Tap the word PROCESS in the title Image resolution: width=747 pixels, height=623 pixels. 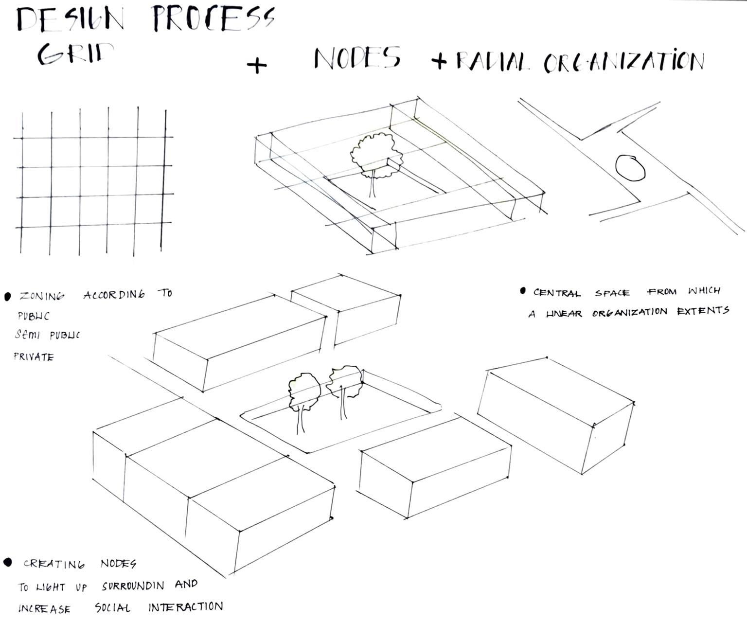pyautogui.click(x=213, y=20)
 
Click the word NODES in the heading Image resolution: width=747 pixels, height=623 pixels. pyautogui.click(x=357, y=58)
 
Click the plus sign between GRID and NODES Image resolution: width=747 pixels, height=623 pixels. pyautogui.click(x=257, y=65)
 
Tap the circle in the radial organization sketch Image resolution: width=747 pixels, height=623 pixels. pyautogui.click(x=630, y=168)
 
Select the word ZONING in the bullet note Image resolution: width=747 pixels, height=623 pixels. pyautogui.click(x=41, y=296)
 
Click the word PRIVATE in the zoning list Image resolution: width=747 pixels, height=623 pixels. pyautogui.click(x=34, y=357)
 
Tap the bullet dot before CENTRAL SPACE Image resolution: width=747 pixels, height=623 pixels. pyautogui.click(x=523, y=291)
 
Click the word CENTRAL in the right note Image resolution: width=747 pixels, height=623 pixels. pyautogui.click(x=557, y=293)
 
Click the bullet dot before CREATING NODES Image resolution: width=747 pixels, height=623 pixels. pyautogui.click(x=8, y=563)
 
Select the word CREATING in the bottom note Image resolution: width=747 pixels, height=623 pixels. pyautogui.click(x=54, y=564)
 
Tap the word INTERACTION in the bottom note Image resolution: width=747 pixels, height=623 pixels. pyautogui.click(x=185, y=607)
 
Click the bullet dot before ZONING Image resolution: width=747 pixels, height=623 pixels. pyautogui.click(x=8, y=296)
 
